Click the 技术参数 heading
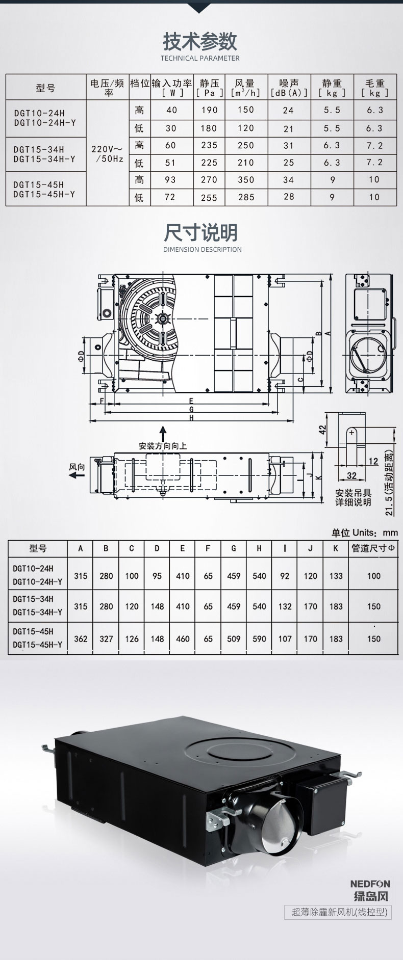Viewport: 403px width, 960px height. pos(200,41)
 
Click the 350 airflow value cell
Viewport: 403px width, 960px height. pos(245,180)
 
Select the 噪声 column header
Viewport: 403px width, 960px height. pos(289,88)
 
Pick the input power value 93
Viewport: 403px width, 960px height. pos(171,180)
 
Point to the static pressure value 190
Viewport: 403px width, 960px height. pos(209,110)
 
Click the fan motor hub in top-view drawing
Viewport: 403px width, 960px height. pos(162,318)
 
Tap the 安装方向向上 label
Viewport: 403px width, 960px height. pos(163,446)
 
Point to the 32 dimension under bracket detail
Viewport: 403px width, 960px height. pos(351,476)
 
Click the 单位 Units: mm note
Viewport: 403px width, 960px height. pos(364,532)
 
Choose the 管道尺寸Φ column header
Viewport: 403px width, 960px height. pos(373,548)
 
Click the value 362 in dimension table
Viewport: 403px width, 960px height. pos(81,638)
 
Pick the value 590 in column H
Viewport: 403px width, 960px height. pos(259,638)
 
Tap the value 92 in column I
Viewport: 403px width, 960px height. pos(285,576)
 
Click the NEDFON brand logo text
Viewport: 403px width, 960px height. pos(370,884)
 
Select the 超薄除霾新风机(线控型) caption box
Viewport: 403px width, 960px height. pos(338,912)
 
